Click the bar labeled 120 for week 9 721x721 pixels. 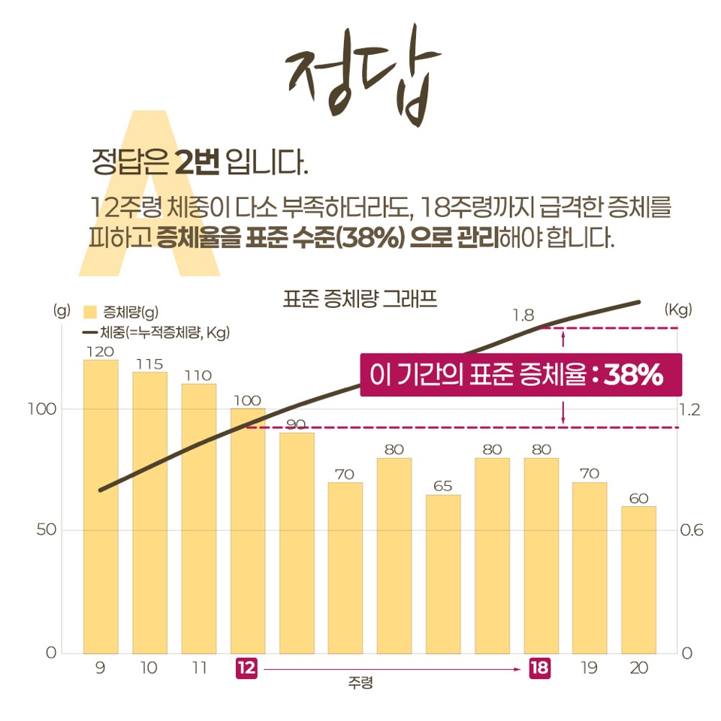point(100,506)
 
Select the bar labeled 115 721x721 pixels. point(149,512)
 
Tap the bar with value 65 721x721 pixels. point(442,574)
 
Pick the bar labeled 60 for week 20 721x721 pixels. point(638,579)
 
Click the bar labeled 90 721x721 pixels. point(297,542)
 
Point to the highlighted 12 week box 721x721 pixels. point(246,668)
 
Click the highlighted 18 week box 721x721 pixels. point(539,668)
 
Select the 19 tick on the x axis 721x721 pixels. point(589,668)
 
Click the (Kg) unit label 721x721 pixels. point(678,309)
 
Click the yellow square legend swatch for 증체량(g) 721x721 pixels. point(91,312)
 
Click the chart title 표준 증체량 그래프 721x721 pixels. point(360,300)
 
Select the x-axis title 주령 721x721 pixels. point(360,684)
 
